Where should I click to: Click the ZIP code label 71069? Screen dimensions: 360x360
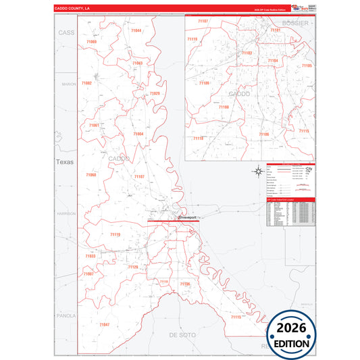coord(91,42)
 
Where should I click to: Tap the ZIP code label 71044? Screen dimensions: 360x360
coord(136,30)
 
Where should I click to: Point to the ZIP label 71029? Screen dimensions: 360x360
coord(155,93)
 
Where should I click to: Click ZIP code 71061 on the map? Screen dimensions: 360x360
coord(94,126)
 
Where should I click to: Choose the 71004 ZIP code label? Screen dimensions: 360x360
coord(138,134)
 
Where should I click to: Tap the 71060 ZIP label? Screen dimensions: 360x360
coord(91,175)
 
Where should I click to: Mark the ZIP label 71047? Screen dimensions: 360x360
coord(104,325)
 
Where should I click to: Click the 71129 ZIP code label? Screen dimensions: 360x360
coord(133,267)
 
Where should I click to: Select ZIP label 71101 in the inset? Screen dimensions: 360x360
coord(276,30)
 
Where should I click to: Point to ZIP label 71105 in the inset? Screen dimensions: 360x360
coord(307,66)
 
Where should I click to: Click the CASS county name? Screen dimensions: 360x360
coord(66,32)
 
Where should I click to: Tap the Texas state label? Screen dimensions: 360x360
coord(64,162)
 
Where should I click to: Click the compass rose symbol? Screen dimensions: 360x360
coord(257,171)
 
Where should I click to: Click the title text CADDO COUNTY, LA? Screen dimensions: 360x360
coord(72,9)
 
